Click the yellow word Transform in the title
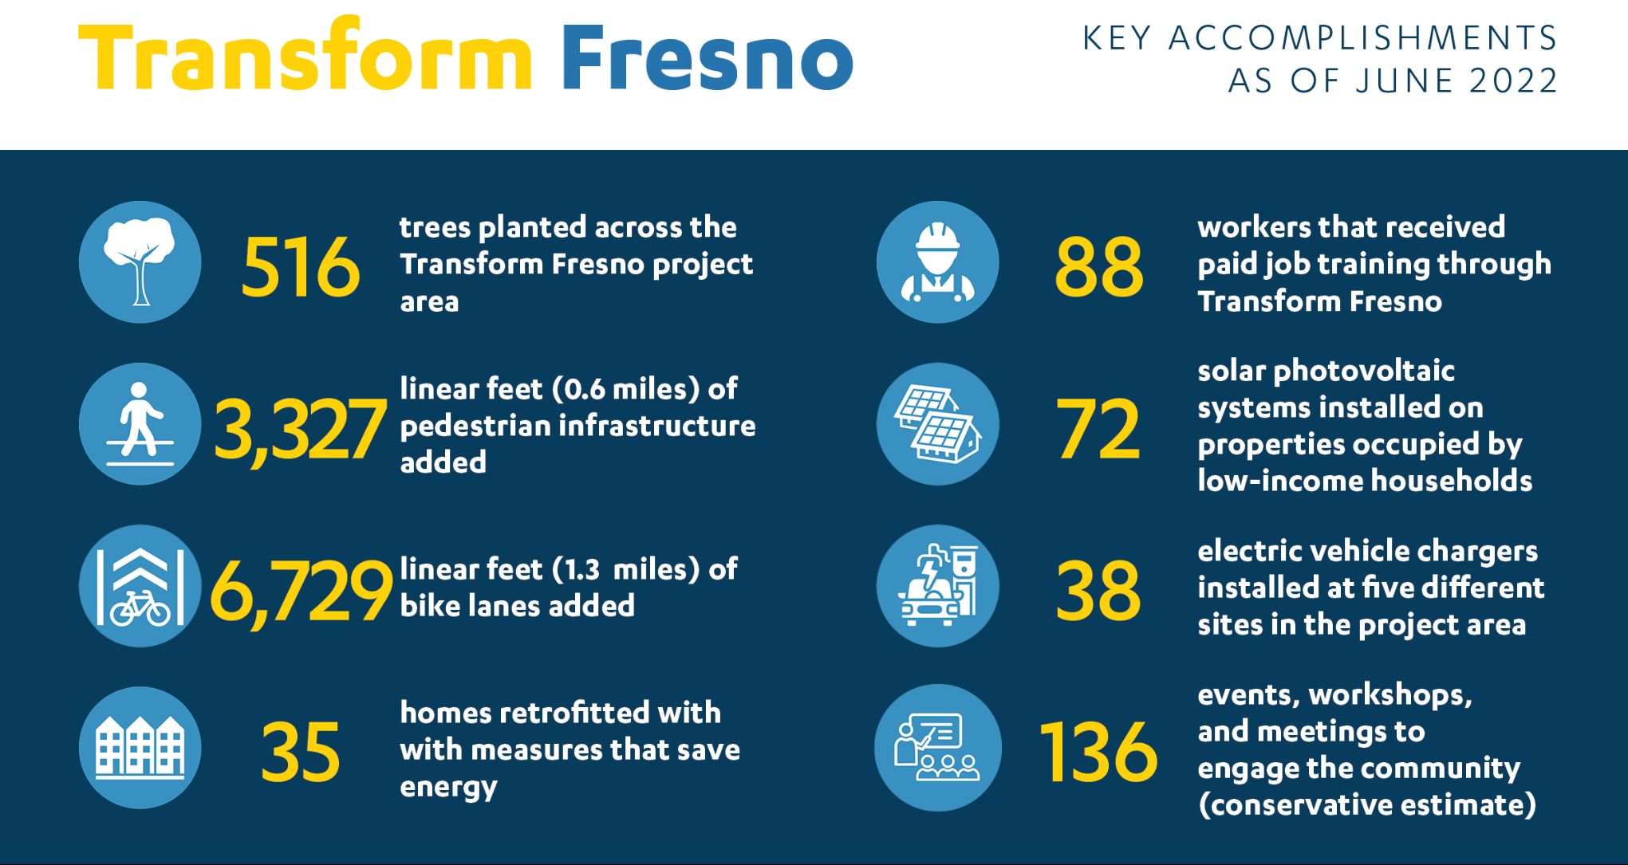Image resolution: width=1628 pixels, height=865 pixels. point(305,54)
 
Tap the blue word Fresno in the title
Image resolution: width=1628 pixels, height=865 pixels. point(708,57)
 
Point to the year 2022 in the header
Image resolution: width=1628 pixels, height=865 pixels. point(1513,81)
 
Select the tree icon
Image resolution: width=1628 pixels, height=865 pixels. point(140,261)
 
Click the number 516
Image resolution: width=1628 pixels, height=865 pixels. point(301,267)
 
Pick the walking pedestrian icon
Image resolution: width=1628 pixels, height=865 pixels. point(140,424)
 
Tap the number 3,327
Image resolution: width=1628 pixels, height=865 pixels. point(300,431)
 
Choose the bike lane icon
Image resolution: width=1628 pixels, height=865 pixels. point(140,586)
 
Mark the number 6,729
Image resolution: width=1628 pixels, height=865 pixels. point(301,592)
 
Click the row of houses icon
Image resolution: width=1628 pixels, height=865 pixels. point(140,748)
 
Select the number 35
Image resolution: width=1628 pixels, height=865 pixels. point(301,752)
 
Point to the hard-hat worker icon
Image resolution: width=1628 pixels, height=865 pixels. point(938,261)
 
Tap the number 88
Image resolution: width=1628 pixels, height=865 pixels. point(1099,267)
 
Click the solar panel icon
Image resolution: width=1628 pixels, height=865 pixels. point(938,424)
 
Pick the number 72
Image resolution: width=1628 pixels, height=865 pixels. point(1098,431)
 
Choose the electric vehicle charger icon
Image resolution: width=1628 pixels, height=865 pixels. point(938,586)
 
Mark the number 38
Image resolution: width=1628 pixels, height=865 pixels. point(1098,592)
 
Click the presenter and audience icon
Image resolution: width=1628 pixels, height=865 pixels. point(938,748)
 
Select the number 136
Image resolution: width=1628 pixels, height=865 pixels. point(1098,752)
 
